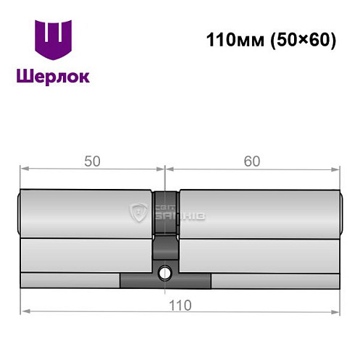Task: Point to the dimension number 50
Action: tap(92, 161)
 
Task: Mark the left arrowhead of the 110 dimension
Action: tap(24, 312)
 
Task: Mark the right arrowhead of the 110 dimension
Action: tap(336, 312)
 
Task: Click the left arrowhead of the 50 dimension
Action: tap(24, 169)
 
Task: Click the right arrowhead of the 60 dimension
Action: tap(336, 169)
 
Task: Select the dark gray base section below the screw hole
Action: tap(166, 282)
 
